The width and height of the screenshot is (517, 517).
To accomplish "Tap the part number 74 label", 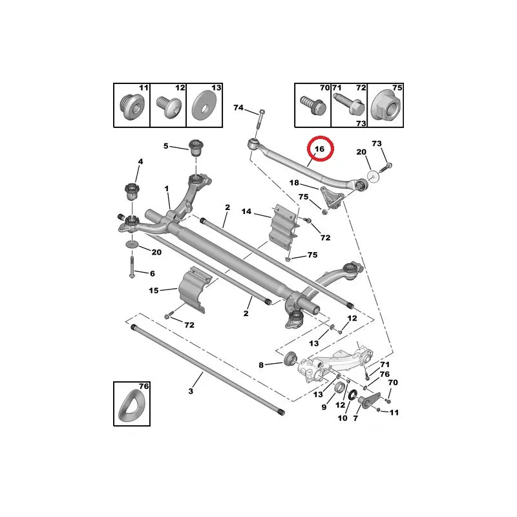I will pyautogui.click(x=238, y=108).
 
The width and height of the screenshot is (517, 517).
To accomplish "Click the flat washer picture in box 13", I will pyautogui.click(x=205, y=107).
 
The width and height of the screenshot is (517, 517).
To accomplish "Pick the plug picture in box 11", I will pyautogui.click(x=132, y=107).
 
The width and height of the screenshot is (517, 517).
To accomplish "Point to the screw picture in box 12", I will pyautogui.click(x=167, y=107).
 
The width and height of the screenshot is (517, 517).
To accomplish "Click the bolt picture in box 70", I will pyautogui.click(x=311, y=105).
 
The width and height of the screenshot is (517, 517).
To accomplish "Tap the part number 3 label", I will pyautogui.click(x=191, y=392).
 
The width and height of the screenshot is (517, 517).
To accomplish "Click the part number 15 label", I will pyautogui.click(x=154, y=291).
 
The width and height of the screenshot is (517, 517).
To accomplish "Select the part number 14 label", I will pyautogui.click(x=246, y=211).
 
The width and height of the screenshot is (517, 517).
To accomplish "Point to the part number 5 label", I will pyautogui.click(x=166, y=146).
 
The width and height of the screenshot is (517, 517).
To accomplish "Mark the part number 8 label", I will pyautogui.click(x=261, y=365).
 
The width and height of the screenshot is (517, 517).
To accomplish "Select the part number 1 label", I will pyautogui.click(x=166, y=189).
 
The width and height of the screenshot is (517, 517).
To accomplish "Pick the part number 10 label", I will pyautogui.click(x=343, y=418).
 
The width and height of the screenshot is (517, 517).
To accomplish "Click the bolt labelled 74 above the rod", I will pyautogui.click(x=260, y=120).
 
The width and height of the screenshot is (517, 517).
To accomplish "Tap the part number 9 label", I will pyautogui.click(x=324, y=406).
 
